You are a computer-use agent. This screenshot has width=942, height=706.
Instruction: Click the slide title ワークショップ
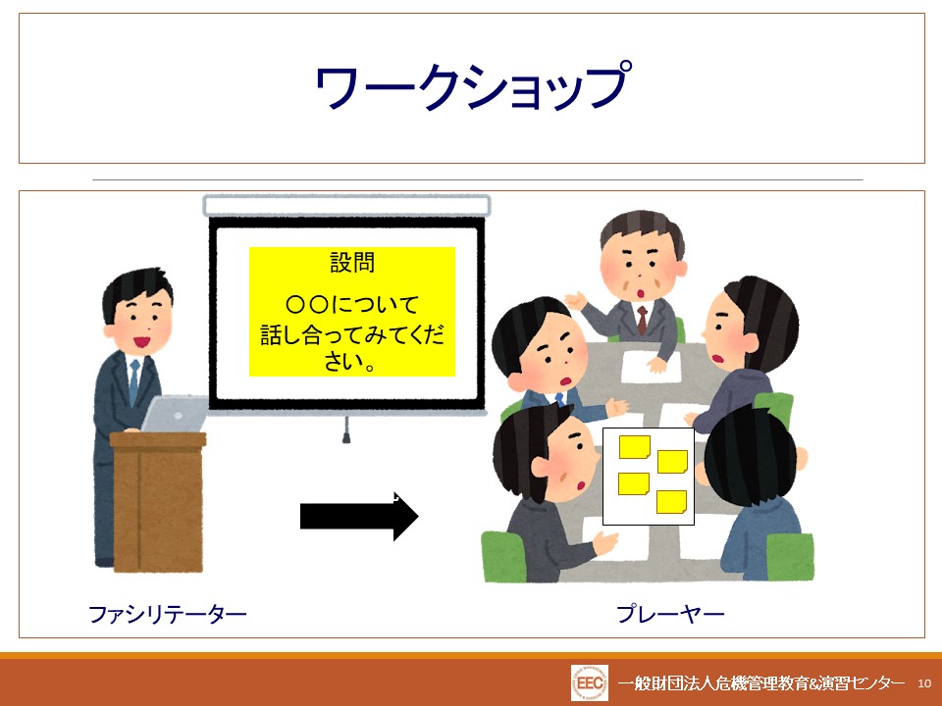click(473, 86)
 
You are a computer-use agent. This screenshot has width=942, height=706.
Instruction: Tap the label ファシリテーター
click(168, 614)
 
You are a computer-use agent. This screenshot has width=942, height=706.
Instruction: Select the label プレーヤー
click(670, 614)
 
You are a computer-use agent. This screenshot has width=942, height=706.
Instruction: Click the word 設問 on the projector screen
click(352, 263)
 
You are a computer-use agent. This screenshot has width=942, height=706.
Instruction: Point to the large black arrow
click(359, 516)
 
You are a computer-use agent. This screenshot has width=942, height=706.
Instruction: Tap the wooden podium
click(158, 501)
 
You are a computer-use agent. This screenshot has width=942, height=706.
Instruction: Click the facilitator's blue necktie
click(134, 381)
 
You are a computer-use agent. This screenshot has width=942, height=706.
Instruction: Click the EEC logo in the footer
click(589, 682)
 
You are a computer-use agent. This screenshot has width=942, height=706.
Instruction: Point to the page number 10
click(924, 683)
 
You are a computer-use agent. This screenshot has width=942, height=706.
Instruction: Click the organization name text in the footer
click(760, 682)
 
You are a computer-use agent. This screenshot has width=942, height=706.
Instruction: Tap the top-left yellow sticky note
click(635, 447)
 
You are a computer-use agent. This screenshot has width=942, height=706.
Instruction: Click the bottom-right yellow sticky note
click(671, 502)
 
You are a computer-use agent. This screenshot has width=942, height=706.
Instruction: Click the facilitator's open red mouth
click(141, 342)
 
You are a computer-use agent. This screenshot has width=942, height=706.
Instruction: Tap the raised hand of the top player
click(576, 300)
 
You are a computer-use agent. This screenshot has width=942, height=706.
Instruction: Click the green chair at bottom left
click(504, 556)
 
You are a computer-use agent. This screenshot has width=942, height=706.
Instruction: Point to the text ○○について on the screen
click(352, 304)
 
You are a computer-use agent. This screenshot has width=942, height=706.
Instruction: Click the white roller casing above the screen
click(346, 205)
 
